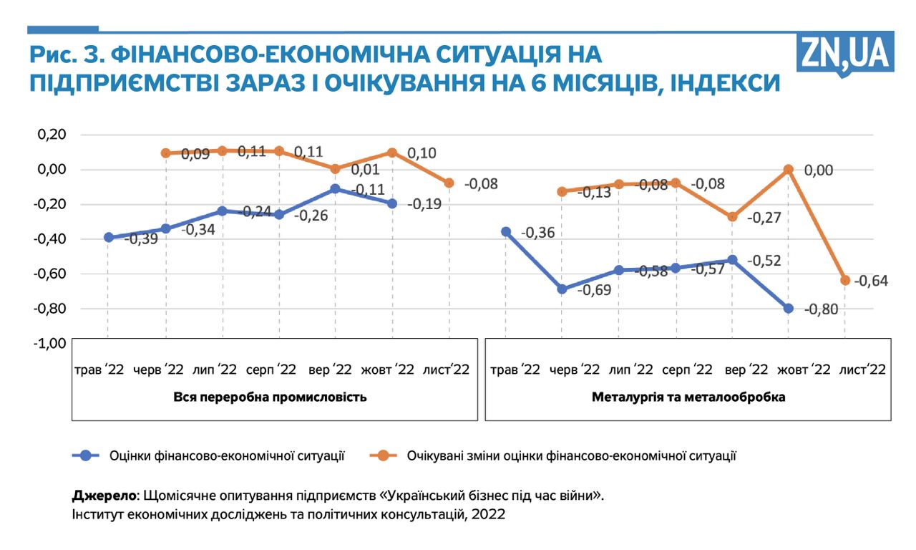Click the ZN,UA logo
click(x=845, y=53)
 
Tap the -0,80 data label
click(x=821, y=309)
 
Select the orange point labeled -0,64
click(x=845, y=280)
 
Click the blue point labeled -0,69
click(x=562, y=289)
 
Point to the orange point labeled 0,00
click(x=789, y=170)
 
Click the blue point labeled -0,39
click(x=108, y=237)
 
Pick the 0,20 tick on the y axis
click(x=51, y=135)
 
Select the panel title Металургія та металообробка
click(x=688, y=397)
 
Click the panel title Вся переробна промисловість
click(x=271, y=397)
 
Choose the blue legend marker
click(x=86, y=455)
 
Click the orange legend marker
click(x=384, y=455)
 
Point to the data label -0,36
click(x=538, y=233)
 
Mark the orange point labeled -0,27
click(x=732, y=216)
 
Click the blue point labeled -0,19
click(x=392, y=203)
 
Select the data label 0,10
click(x=422, y=153)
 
